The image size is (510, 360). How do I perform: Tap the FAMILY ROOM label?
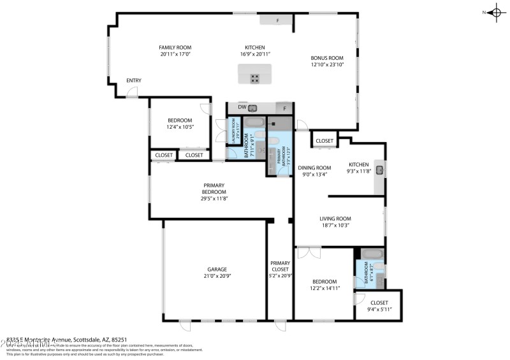(x=175, y=48)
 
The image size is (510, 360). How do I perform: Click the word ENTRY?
(x=134, y=80)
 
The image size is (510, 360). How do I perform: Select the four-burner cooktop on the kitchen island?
(x=254, y=78)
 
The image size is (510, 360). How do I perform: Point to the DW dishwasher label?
(x=242, y=108)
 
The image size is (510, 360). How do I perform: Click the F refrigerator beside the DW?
(x=285, y=108)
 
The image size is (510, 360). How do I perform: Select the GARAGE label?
(x=217, y=270)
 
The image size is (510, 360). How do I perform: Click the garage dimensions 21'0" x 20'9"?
(x=217, y=276)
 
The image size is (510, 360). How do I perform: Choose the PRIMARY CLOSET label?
(x=280, y=266)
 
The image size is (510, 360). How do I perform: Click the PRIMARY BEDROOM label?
(x=214, y=189)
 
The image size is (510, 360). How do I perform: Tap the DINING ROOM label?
(x=313, y=167)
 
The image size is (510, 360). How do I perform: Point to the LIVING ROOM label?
(x=335, y=219)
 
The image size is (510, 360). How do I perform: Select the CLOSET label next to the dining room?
(x=324, y=141)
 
